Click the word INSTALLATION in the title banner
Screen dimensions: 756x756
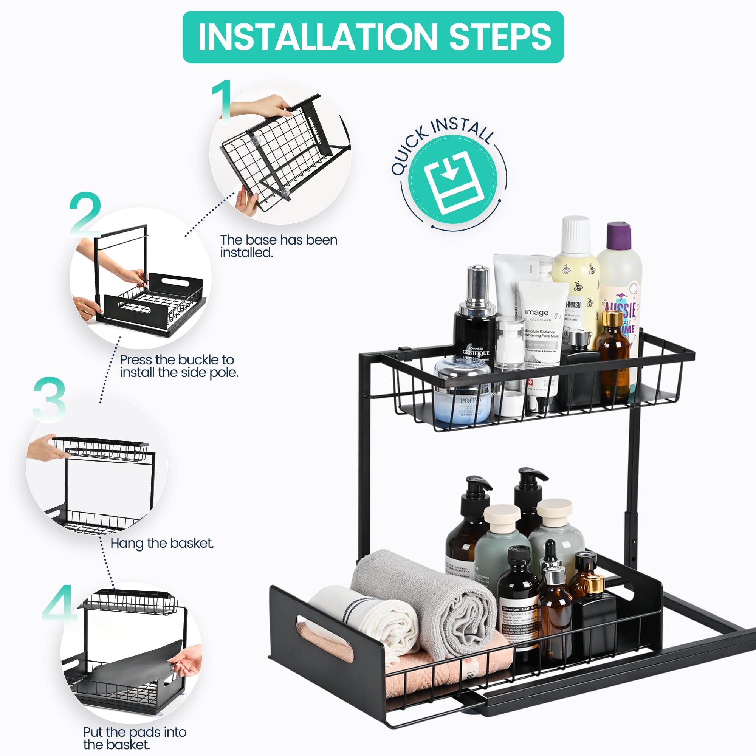point(317,37)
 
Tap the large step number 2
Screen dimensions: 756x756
point(85,214)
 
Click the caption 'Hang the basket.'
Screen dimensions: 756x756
point(162,544)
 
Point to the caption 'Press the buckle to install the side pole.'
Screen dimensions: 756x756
point(178,366)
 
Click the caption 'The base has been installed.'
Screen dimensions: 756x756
point(279,246)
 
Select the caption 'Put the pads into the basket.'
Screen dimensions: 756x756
point(134,738)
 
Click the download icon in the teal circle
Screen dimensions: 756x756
point(453,181)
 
